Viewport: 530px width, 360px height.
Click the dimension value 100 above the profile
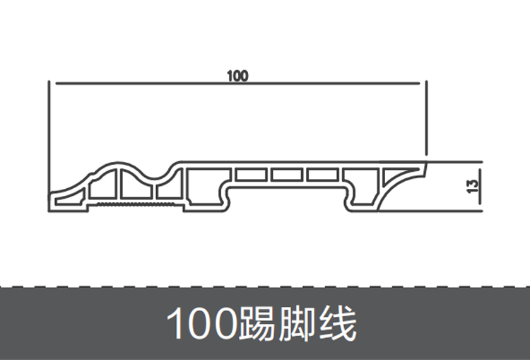[x=237, y=75]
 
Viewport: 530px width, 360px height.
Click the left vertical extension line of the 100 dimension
[x=49, y=141]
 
